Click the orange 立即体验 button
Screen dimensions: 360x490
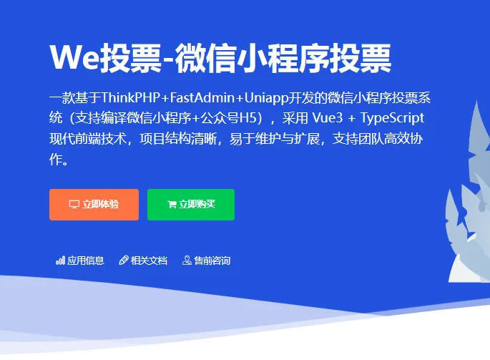94,205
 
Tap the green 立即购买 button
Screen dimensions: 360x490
191,205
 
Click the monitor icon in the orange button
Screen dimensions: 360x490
74,205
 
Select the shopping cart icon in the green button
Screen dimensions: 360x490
172,205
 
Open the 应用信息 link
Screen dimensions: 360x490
86,261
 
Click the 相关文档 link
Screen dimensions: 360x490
149,261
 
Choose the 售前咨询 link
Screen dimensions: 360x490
212,261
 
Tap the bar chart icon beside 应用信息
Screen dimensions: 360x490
60,261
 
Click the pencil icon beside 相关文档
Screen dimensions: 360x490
123,261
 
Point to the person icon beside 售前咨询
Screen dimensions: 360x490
187,261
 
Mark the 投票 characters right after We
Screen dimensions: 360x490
130,57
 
